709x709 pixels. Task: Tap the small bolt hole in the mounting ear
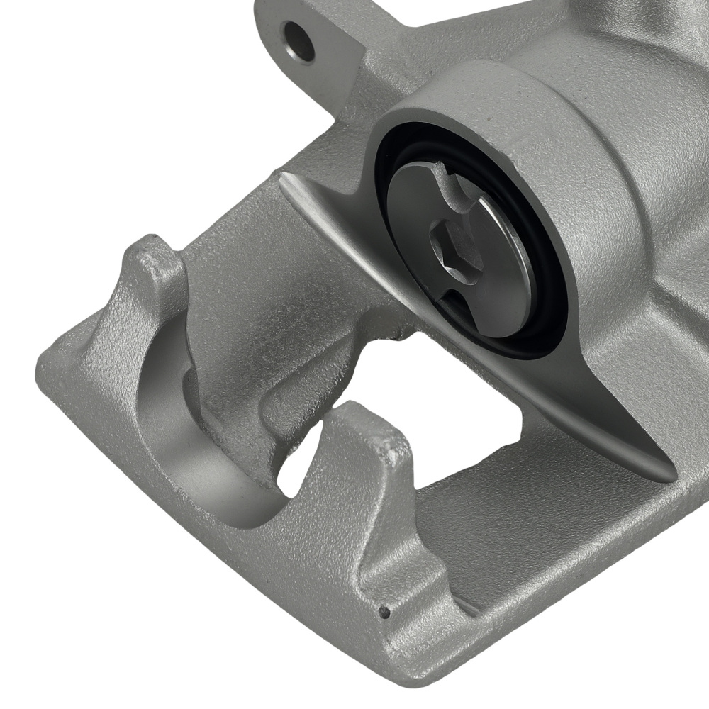[298, 40]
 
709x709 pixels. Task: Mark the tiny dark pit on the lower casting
[386, 610]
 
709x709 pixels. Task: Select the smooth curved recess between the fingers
[170, 440]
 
